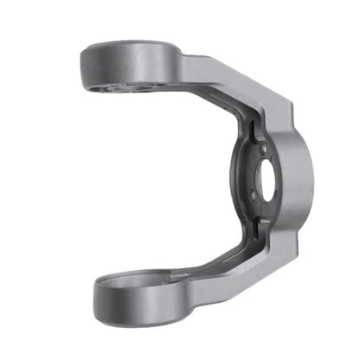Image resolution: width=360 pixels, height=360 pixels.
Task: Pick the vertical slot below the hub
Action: tap(258, 227)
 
